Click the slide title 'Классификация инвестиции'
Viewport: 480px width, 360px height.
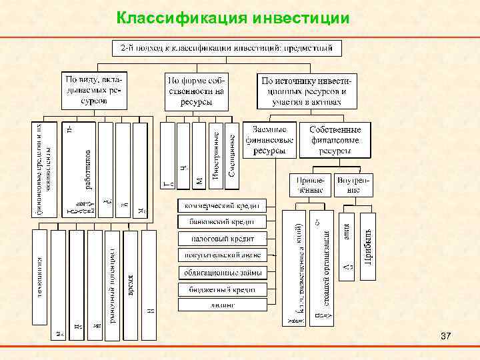(x=232, y=17)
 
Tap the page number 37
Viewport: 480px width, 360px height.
(x=446, y=339)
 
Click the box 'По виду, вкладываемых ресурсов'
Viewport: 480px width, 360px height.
(x=95, y=90)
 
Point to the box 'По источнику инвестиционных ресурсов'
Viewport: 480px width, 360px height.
(x=307, y=90)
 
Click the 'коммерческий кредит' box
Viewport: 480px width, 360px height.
(x=221, y=205)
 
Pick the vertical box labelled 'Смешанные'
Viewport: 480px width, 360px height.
(x=231, y=154)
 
